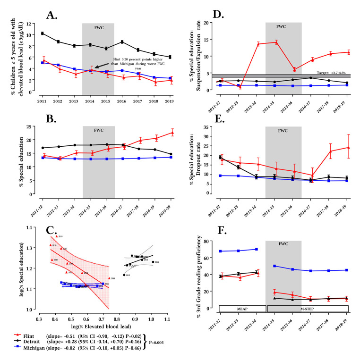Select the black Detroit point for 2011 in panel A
point(43,33)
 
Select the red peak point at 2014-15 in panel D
point(283,42)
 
